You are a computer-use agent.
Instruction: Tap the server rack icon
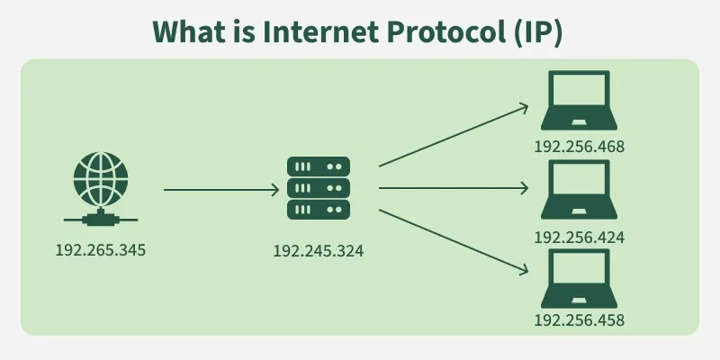(318, 188)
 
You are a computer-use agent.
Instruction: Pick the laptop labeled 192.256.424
(580, 191)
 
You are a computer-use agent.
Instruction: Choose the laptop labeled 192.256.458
(580, 278)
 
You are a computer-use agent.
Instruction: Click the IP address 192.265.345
(100, 248)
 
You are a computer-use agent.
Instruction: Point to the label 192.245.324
(318, 251)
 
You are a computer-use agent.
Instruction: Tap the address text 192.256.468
(580, 147)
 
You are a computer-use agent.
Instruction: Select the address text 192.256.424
(580, 238)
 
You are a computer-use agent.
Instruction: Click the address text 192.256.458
(580, 319)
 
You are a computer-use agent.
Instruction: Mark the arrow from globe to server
(221, 190)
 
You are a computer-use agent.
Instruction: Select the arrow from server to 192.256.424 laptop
(453, 189)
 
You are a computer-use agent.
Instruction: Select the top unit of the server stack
(318, 167)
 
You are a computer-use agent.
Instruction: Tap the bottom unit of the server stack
(318, 210)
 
